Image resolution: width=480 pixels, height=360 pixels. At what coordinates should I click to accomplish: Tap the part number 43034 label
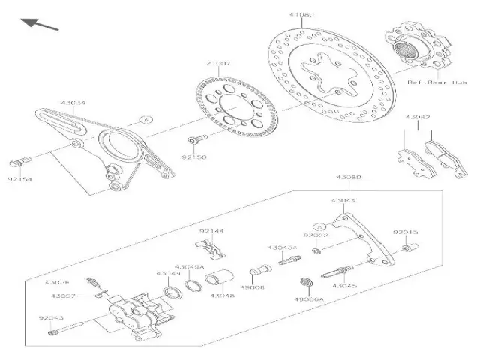(x=73, y=103)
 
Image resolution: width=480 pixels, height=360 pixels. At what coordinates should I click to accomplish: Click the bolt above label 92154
(x=21, y=161)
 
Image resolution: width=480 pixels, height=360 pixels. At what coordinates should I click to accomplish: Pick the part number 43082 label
(x=418, y=118)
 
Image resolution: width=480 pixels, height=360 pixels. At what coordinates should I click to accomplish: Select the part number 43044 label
(x=343, y=200)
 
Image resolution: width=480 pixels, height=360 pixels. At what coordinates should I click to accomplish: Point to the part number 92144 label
(x=212, y=232)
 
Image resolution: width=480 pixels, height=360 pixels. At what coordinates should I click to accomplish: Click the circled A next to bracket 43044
(x=319, y=227)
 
